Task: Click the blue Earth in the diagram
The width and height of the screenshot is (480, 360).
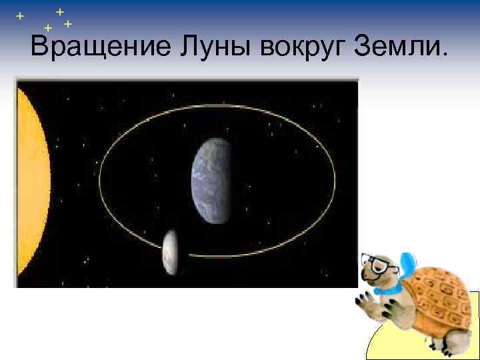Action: pos(212,181)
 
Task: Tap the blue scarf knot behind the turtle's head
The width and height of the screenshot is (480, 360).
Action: pos(406,264)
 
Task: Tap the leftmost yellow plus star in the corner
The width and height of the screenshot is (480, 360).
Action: pos(20,15)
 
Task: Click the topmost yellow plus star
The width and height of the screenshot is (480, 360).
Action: pos(59,11)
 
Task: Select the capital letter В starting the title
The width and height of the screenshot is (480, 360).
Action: pos(39,47)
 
